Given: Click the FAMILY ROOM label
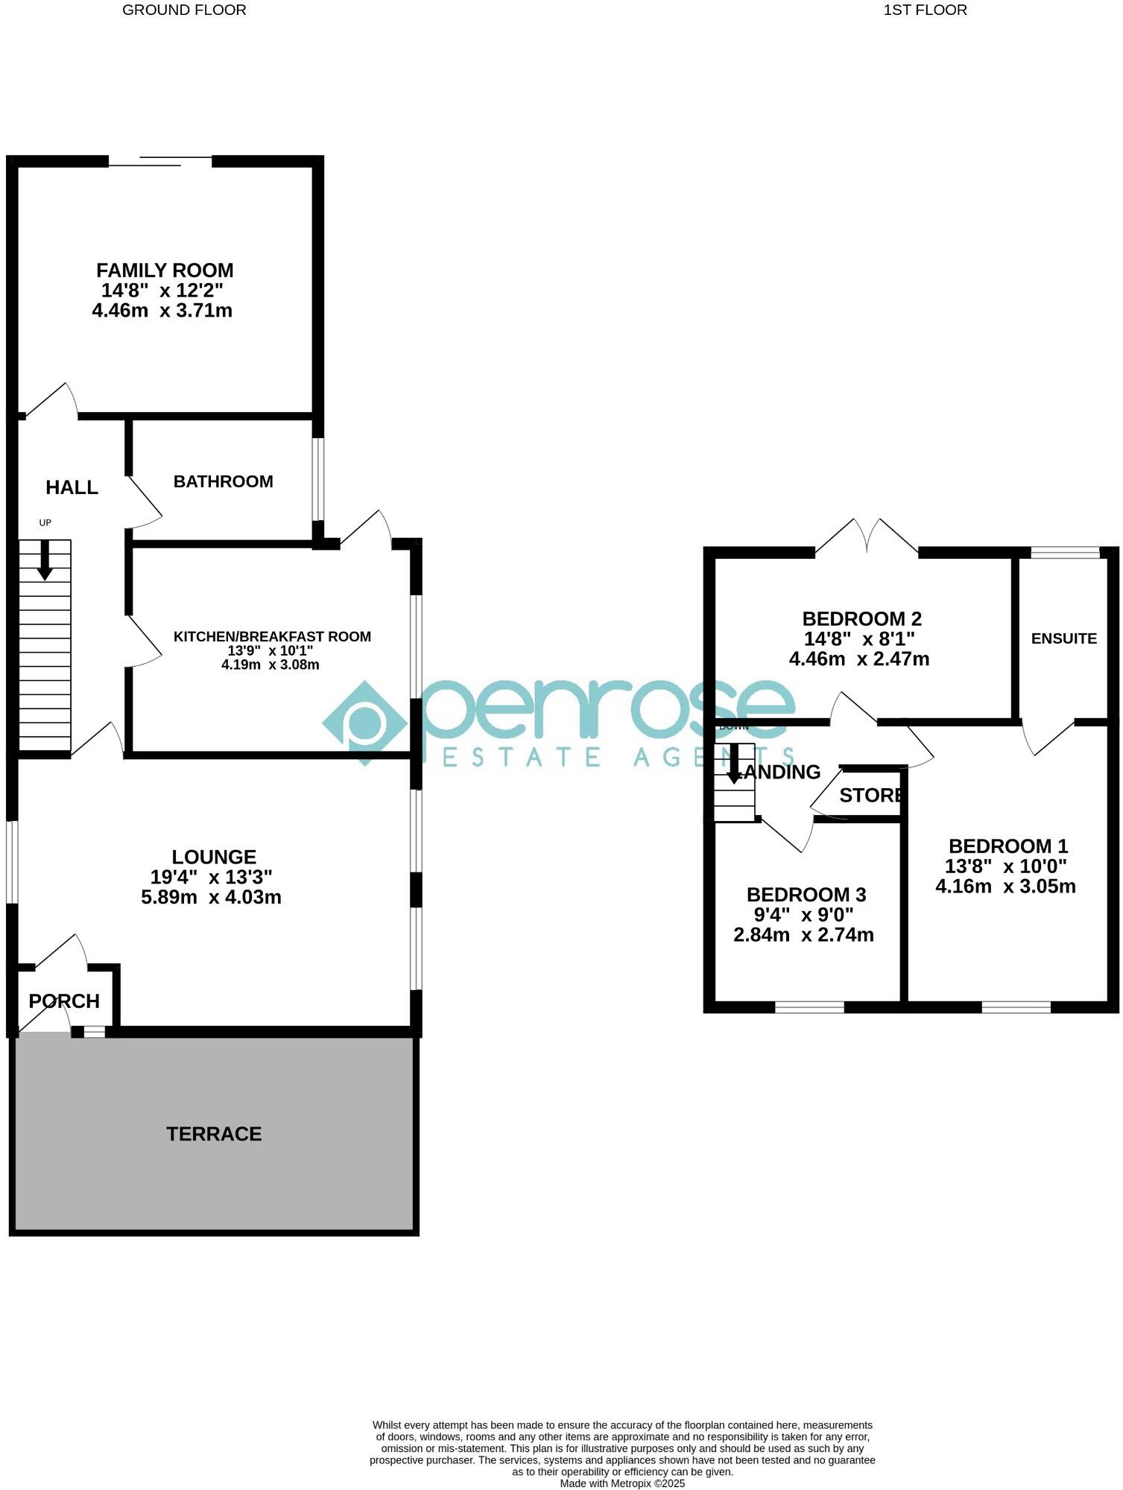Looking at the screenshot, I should point(165,270).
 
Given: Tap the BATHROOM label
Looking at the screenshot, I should point(223,481).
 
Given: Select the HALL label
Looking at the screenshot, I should point(72,487).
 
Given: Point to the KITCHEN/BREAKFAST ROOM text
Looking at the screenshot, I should point(272,636).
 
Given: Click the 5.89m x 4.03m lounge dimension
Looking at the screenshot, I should point(211,897).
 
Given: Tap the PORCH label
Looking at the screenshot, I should point(64,1001).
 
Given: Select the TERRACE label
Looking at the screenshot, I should point(214,1134).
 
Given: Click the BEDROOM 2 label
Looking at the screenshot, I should point(861,618).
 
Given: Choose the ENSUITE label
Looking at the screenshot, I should point(1063,638).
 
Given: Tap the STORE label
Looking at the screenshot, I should point(870,795).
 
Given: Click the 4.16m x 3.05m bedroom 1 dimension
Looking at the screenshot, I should point(1005,887).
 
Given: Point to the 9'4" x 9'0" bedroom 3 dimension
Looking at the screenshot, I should point(803,914).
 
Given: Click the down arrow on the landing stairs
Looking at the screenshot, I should point(734,764).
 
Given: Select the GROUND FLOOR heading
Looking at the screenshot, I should point(184,10).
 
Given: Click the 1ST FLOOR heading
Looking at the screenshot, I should point(925,10).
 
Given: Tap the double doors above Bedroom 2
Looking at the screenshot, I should point(867,538).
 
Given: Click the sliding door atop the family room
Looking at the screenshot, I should point(160,161).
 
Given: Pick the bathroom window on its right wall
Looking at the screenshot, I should point(318,479).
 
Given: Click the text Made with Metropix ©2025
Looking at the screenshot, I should point(622,1483).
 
